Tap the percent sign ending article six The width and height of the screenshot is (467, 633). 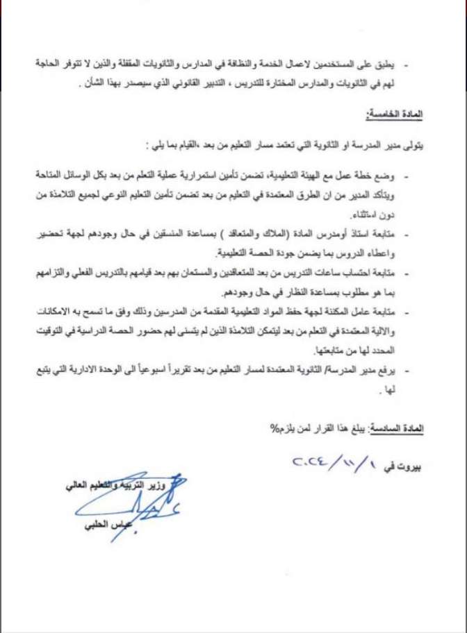click(x=273, y=428)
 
